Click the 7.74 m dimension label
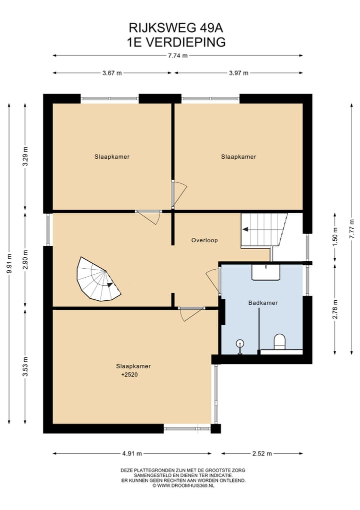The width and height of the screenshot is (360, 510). tap(178, 56)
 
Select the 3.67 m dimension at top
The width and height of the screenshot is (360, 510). tap(112, 73)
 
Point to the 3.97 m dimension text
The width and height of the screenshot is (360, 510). tap(238, 73)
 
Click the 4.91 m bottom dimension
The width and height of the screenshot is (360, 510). tap(132, 453)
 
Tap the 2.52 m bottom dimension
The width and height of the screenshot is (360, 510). tap(262, 453)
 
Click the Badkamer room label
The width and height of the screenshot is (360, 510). tap(262, 303)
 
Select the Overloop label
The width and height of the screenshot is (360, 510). tap(204, 240)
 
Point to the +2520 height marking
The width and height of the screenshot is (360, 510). tap(130, 374)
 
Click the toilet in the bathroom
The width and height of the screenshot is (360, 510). tap(279, 342)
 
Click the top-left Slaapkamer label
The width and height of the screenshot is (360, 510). tap(112, 157)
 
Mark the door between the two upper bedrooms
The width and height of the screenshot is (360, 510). tap(178, 193)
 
